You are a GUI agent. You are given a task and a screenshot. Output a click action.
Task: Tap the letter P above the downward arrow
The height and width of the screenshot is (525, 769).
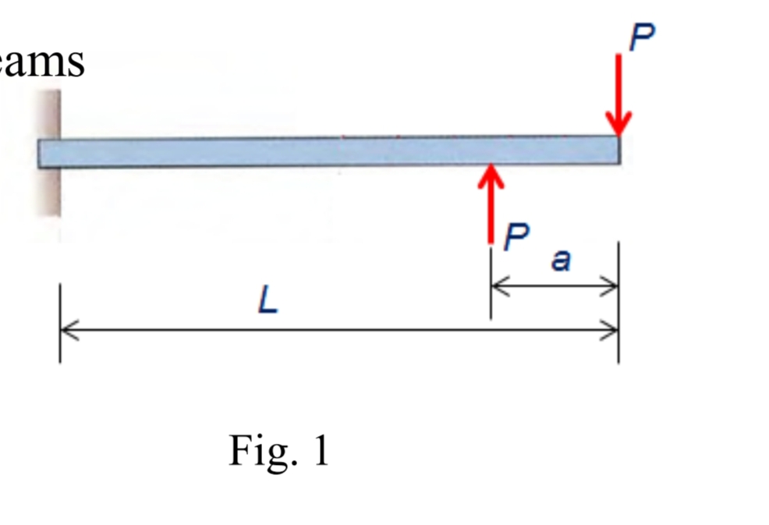(x=641, y=37)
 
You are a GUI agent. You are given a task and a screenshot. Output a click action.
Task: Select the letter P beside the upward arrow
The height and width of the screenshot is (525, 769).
(x=516, y=236)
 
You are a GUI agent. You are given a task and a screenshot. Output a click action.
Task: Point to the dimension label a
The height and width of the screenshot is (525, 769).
(x=560, y=261)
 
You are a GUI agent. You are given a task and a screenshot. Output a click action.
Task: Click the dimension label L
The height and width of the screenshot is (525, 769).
(x=268, y=300)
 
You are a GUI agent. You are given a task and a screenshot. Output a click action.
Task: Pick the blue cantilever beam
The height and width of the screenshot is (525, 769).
(x=328, y=151)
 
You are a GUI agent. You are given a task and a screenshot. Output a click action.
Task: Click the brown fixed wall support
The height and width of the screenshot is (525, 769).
(x=51, y=152)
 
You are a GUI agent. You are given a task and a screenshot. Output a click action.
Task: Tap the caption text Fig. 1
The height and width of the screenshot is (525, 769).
(x=278, y=450)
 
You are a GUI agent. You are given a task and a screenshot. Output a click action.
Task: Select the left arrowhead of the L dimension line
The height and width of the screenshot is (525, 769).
(x=68, y=330)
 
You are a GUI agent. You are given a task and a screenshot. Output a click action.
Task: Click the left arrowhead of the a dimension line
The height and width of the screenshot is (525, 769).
(x=499, y=286)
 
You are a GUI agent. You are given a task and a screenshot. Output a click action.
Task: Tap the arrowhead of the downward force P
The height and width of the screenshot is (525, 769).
(x=618, y=125)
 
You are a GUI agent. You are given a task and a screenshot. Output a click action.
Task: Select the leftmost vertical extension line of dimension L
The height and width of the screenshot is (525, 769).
(x=60, y=323)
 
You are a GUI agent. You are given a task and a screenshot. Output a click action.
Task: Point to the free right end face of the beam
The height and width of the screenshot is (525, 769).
(x=619, y=151)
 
